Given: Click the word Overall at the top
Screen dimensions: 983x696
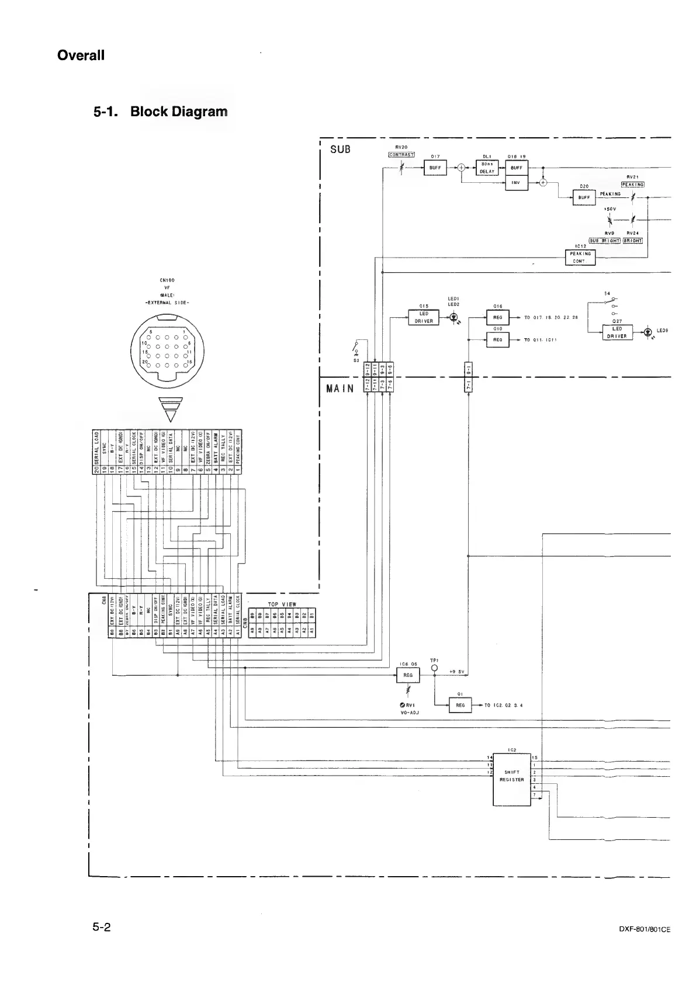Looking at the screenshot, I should click(x=81, y=55).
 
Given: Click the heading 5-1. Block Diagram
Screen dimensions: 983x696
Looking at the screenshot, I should click(x=161, y=111).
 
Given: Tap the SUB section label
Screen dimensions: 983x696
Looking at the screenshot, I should click(x=340, y=149).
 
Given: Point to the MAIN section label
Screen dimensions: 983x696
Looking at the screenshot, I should click(x=340, y=389).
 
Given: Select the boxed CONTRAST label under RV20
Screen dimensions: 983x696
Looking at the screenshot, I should click(x=401, y=155).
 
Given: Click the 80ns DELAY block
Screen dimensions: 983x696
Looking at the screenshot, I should click(x=487, y=168).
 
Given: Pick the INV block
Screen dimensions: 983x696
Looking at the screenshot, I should click(x=517, y=183).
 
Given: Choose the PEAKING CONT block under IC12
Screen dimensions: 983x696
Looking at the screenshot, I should click(x=580, y=257).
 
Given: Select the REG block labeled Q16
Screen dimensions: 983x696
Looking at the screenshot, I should click(x=498, y=318).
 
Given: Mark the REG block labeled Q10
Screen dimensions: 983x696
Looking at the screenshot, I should click(x=498, y=339).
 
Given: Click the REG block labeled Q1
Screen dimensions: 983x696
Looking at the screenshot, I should click(x=460, y=705).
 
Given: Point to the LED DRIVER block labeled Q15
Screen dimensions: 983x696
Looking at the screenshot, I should click(x=424, y=318).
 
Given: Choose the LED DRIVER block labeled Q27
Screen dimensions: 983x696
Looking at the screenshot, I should click(x=617, y=332).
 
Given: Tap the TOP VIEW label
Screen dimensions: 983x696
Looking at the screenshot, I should click(x=282, y=605).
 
